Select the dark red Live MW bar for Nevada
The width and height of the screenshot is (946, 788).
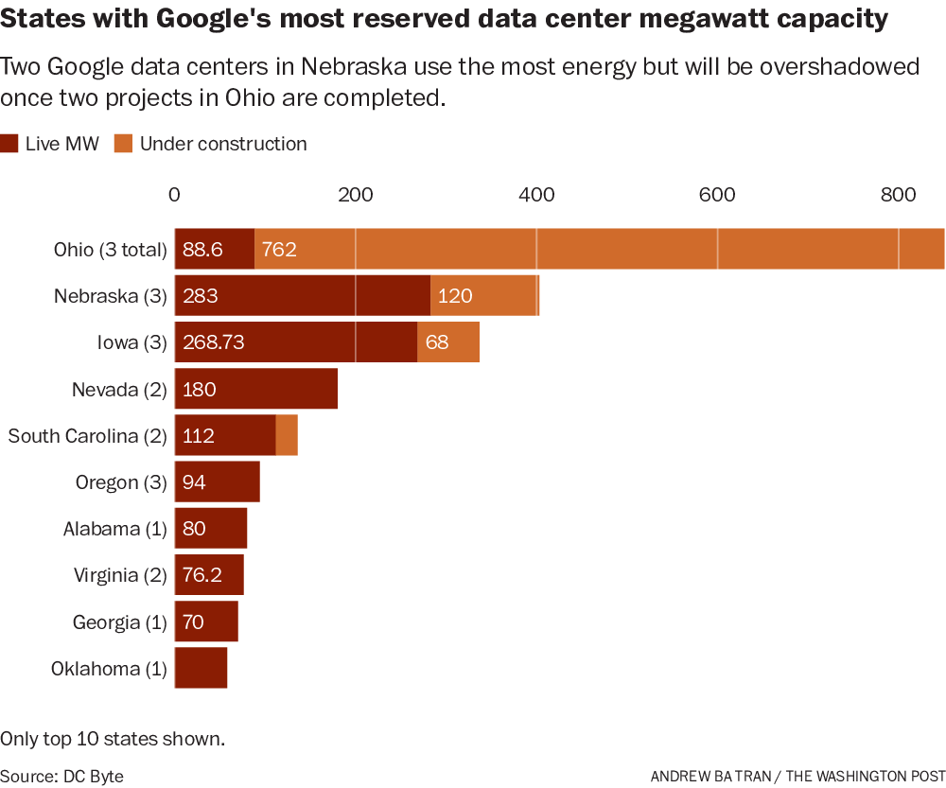(x=255, y=390)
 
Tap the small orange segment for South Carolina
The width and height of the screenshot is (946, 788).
(x=287, y=436)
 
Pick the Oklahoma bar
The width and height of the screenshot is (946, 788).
(x=201, y=669)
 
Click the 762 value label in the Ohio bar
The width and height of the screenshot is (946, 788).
(x=279, y=250)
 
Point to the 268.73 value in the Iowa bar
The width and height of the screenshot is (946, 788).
(x=214, y=342)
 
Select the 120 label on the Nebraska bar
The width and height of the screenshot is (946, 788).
(x=455, y=296)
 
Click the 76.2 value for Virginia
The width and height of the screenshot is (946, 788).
(x=202, y=575)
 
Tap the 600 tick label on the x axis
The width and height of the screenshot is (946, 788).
(x=716, y=195)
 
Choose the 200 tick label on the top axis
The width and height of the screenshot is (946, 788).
(x=355, y=195)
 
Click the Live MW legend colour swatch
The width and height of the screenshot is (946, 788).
(x=10, y=144)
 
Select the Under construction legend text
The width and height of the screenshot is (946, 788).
(x=223, y=144)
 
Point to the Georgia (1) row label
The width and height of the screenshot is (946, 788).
(x=119, y=622)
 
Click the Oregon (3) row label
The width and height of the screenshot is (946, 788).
(x=121, y=482)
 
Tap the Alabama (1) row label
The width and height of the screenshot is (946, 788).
(x=114, y=529)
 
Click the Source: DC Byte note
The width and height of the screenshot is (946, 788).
(x=61, y=776)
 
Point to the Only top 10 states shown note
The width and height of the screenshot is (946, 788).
(x=113, y=738)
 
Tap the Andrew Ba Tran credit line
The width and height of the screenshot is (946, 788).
(x=797, y=776)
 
